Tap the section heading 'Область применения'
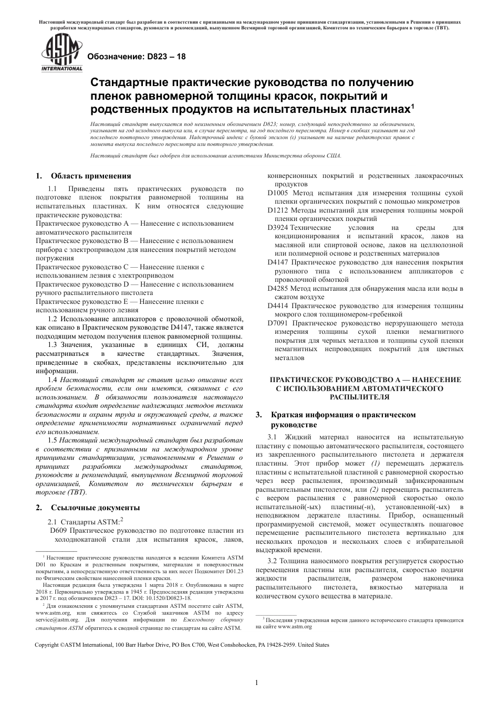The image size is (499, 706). coord(91,176)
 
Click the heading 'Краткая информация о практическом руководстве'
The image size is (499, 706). coord(343,419)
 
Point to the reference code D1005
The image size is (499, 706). coord(278,193)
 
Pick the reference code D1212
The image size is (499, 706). coord(278,210)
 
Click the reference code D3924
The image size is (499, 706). coord(278,228)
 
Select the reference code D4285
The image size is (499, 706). coord(278,288)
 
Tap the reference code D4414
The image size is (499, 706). coord(278,305)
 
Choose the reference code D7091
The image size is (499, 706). coord(278,323)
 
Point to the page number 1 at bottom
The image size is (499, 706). coord(256,683)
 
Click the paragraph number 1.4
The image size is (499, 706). coord(53,380)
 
